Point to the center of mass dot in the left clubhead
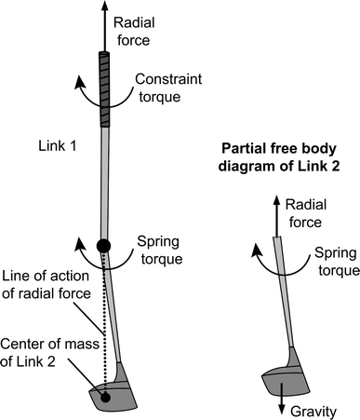106,398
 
